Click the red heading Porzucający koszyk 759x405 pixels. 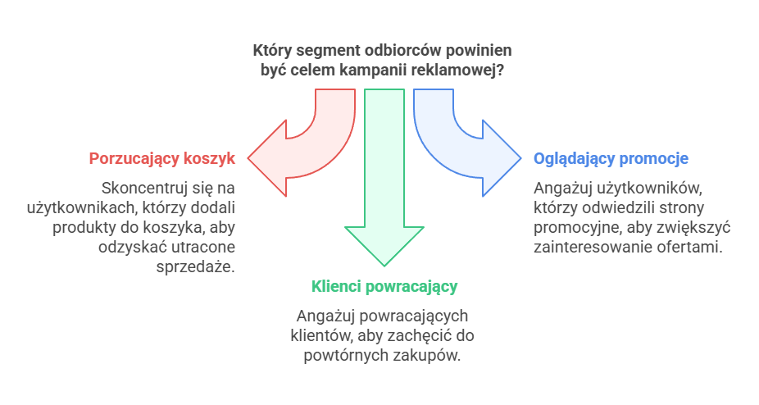coord(162,158)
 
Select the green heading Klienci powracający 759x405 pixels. coord(384,286)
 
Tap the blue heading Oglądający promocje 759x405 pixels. coord(611,158)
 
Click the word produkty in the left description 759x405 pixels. coord(85,227)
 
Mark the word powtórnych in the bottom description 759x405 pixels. coord(340,356)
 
